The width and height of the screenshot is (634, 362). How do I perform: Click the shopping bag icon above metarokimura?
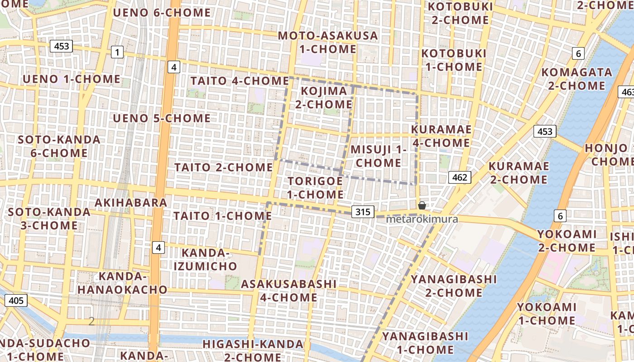coord(422,205)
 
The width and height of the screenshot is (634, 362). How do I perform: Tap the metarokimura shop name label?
coord(422,219)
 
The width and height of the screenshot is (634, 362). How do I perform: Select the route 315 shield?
coord(363,212)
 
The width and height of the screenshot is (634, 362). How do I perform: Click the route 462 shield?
coord(460,177)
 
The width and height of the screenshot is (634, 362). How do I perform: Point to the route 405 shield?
coord(16,300)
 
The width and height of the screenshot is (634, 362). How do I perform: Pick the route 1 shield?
coord(117,52)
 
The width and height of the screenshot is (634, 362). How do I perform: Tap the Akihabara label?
coord(131,202)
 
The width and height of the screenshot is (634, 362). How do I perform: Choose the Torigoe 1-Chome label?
coord(316,188)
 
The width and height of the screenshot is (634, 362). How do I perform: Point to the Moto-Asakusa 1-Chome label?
coord(328,42)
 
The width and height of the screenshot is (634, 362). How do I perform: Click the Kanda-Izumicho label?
coord(205,259)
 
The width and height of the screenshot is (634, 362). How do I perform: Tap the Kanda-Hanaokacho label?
coord(123,283)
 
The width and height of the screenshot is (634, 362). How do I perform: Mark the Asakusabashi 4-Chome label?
coord(288,291)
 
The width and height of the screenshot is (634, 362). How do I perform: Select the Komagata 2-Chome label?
coord(576,79)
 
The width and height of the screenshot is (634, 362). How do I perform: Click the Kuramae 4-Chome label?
coord(441,136)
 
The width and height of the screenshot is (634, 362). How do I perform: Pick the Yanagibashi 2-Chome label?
coord(453,286)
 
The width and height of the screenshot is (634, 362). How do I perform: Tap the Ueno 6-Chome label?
coord(162,13)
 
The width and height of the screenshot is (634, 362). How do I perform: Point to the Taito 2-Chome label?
coord(224,167)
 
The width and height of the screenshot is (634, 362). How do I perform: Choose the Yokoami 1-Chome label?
coord(547,314)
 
